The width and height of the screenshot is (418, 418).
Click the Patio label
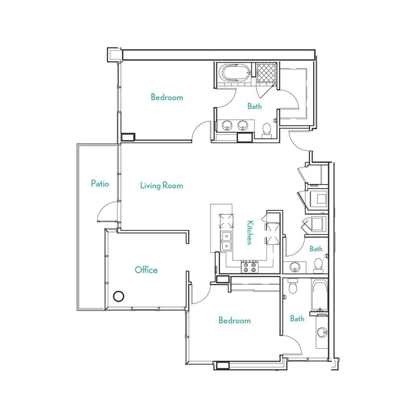(100, 183)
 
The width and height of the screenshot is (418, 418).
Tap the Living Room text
(161, 186)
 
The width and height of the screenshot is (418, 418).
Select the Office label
(146, 270)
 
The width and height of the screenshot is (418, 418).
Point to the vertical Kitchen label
(250, 232)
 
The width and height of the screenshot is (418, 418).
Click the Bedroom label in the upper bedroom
(167, 98)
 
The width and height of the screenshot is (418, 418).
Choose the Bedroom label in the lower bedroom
(234, 320)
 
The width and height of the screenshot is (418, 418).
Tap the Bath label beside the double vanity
(255, 106)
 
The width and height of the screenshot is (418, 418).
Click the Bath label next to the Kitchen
(316, 249)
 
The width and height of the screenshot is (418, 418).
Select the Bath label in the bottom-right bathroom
(297, 318)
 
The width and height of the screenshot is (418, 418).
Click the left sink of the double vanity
(227, 126)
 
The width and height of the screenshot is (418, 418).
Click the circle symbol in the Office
(118, 296)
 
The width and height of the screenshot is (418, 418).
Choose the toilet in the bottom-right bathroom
(292, 287)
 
